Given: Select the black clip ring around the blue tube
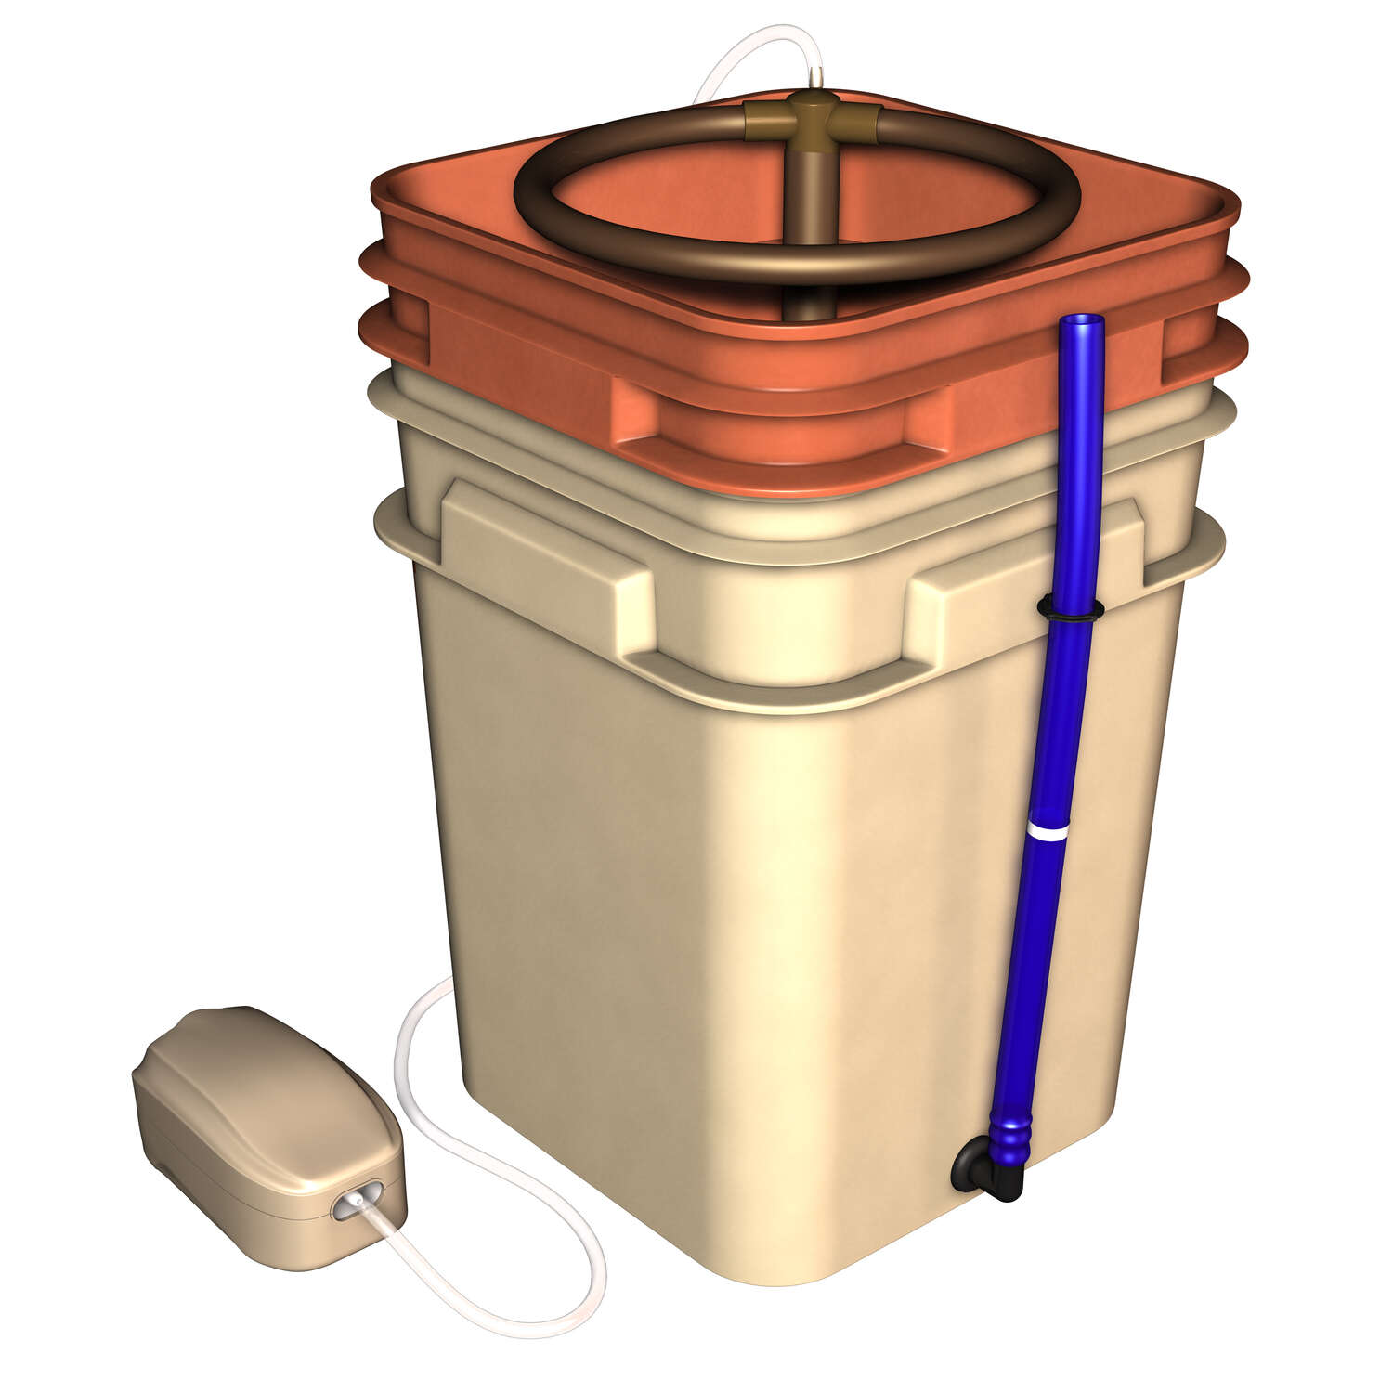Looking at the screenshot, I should coord(1069,610).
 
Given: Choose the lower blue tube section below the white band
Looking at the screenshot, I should coord(1026,975).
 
